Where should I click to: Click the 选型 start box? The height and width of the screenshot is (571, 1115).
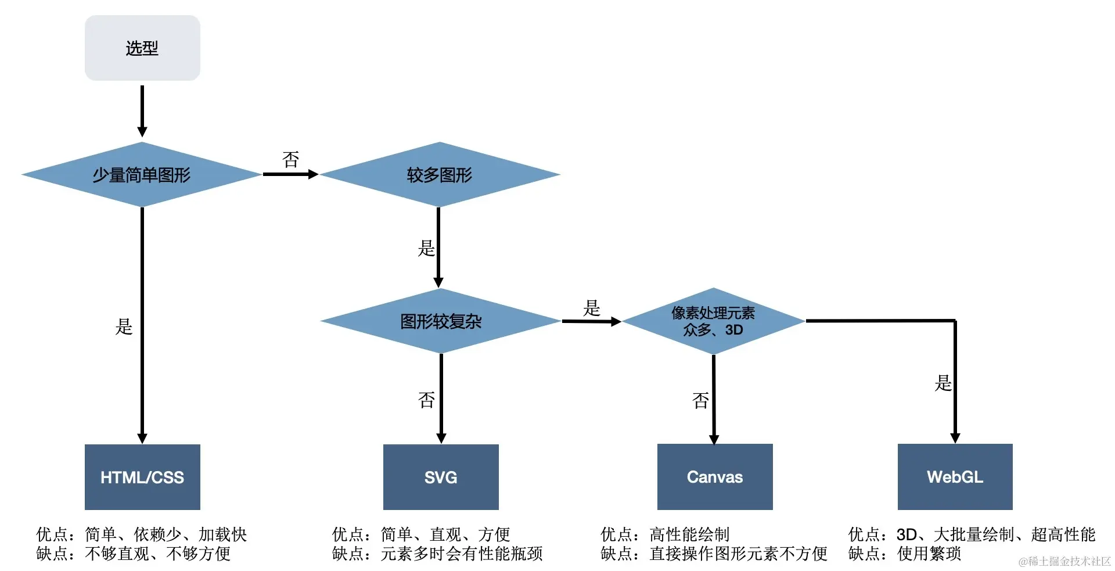(x=142, y=48)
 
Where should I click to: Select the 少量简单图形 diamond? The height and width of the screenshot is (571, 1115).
(x=142, y=174)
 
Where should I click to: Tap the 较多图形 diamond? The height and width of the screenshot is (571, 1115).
(x=440, y=174)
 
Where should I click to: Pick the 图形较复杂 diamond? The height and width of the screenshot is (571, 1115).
(x=441, y=321)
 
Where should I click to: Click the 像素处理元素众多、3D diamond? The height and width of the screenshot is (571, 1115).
(x=713, y=321)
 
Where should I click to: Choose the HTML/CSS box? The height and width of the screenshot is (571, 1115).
(x=142, y=477)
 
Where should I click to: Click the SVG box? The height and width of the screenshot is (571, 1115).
(x=441, y=477)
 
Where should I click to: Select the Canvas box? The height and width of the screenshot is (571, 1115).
(x=715, y=477)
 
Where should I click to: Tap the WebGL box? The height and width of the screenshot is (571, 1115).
(x=955, y=477)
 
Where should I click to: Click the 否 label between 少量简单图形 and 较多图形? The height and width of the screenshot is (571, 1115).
(x=290, y=159)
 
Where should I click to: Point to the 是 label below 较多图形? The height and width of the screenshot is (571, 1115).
(x=426, y=249)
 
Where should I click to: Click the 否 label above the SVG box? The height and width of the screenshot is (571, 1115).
(x=426, y=400)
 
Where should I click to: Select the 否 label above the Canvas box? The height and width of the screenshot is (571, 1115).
(x=700, y=400)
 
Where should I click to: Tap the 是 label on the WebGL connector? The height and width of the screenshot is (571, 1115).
(x=943, y=383)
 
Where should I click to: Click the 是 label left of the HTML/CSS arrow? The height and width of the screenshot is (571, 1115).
(x=124, y=326)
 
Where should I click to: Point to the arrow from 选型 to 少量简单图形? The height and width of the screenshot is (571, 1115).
(x=142, y=110)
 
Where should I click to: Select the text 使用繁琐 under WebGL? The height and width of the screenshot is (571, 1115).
(x=929, y=554)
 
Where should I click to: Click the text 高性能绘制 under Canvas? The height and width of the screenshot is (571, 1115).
(x=689, y=534)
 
